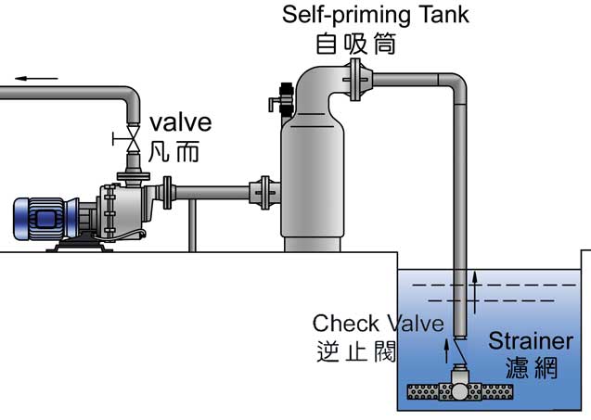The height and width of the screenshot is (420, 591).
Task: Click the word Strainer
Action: click(539, 340)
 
